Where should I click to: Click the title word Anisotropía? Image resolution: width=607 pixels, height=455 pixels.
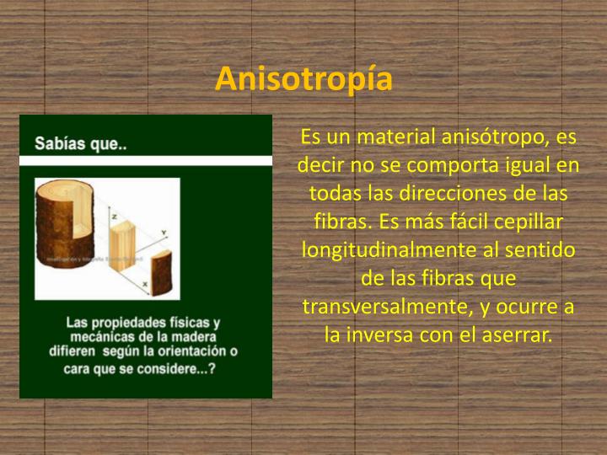(303, 78)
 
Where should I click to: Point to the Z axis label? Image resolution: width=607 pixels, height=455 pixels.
(112, 217)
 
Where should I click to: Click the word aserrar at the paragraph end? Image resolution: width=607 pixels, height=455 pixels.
(514, 335)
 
